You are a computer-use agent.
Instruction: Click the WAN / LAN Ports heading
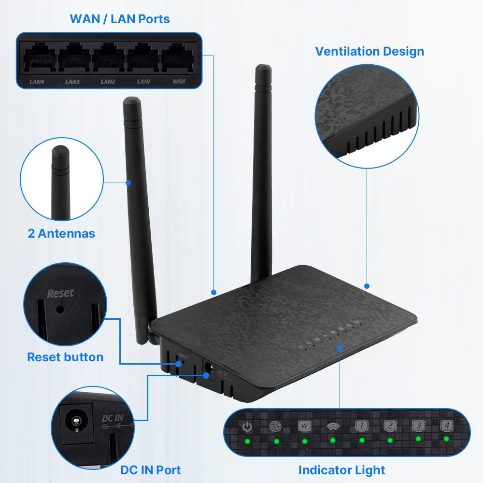120,19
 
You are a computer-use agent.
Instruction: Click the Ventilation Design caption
369,51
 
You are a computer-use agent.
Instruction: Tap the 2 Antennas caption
61,234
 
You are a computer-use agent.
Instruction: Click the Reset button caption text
65,357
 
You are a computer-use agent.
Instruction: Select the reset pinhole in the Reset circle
60,309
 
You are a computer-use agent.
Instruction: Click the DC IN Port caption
150,470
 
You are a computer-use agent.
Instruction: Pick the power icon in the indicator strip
247,427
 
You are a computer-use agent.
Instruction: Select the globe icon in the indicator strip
275,426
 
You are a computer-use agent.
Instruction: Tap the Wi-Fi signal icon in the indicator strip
333,426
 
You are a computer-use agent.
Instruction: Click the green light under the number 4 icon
446,439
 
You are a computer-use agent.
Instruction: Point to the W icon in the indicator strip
304,426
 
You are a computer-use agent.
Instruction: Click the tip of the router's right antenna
263,70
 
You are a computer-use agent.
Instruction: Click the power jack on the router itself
209,367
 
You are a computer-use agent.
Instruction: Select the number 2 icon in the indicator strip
390,426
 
